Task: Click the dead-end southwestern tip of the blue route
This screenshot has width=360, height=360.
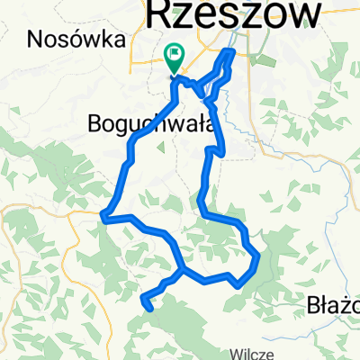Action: point(146,308)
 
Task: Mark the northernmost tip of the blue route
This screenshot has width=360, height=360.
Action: point(232,52)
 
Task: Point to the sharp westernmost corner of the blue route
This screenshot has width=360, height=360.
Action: point(104,216)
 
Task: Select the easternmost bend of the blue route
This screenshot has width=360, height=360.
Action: point(258,257)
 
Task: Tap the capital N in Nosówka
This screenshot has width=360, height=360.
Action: point(34,39)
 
